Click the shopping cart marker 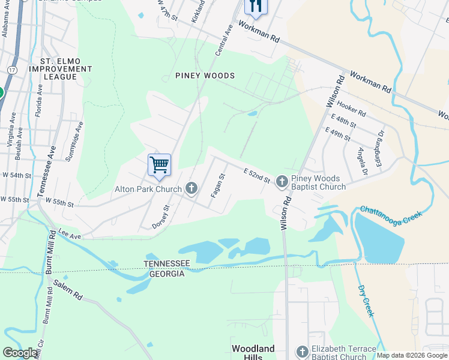click(x=159, y=165)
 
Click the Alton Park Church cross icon click(x=191, y=189)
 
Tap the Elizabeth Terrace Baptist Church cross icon click(x=303, y=351)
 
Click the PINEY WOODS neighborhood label click(x=205, y=76)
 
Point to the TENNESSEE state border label click(x=166, y=264)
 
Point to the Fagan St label click(x=217, y=185)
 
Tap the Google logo click(x=20, y=353)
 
